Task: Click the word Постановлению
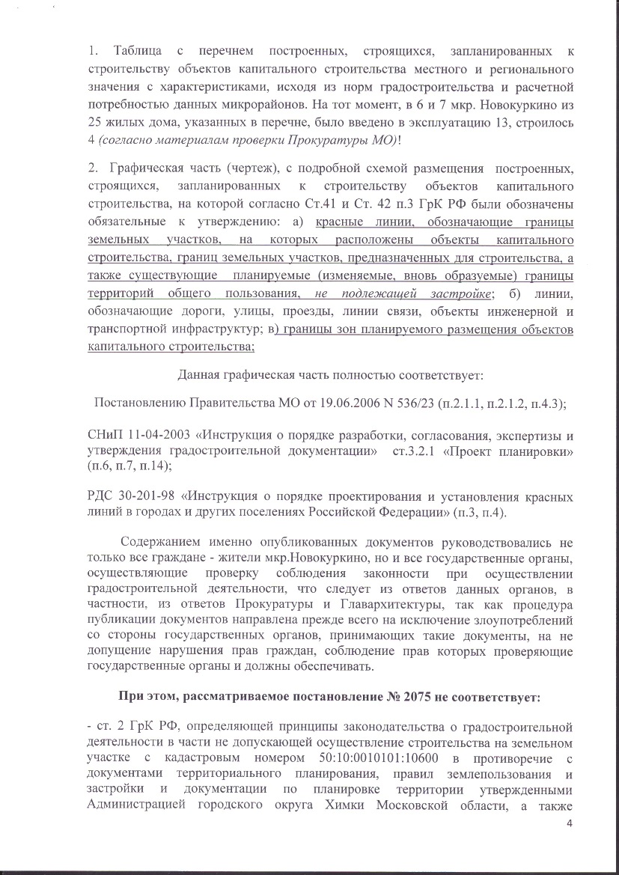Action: coord(139,403)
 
